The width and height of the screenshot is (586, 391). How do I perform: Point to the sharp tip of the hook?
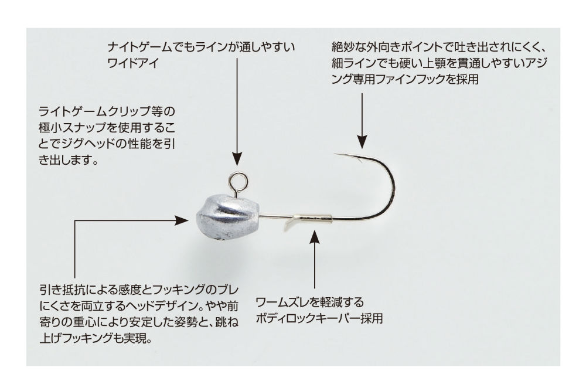pyautogui.click(x=335, y=154)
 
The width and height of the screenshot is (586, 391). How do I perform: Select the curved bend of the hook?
pyautogui.click(x=392, y=187)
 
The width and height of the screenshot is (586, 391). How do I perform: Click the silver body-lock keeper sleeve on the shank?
pyautogui.click(x=313, y=219)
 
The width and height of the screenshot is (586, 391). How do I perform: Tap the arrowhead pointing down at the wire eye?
pyautogui.click(x=237, y=159)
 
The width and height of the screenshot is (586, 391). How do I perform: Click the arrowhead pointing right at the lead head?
pyautogui.click(x=182, y=220)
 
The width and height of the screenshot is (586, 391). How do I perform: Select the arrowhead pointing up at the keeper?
pyautogui.click(x=315, y=237)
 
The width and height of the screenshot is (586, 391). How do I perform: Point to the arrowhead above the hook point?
pyautogui.click(x=362, y=142)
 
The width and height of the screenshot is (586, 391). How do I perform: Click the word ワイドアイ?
pyautogui.click(x=134, y=62)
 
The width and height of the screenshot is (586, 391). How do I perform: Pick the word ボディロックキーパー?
pyautogui.click(x=307, y=318)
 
